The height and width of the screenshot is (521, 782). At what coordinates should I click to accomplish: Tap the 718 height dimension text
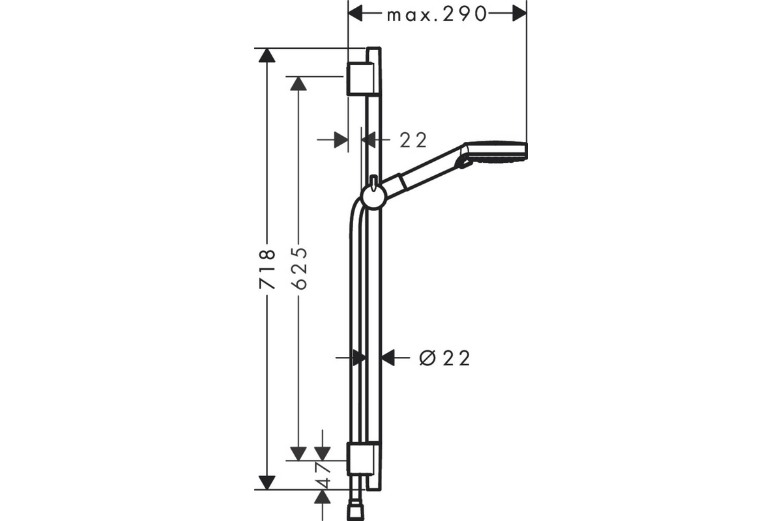[267, 269]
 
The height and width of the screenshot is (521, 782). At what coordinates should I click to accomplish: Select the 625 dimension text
[299, 268]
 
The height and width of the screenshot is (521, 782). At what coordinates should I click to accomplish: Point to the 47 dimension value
[323, 475]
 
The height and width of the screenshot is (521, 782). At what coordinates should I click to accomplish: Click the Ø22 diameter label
[444, 358]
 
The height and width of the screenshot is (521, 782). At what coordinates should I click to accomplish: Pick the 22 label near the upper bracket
[413, 140]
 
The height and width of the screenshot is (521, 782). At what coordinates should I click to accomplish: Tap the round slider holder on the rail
[374, 198]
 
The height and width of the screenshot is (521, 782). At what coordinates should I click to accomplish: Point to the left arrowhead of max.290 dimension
[355, 14]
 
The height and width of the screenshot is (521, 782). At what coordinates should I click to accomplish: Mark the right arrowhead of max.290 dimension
[519, 14]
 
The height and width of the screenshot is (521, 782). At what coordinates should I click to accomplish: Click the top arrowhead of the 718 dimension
[267, 55]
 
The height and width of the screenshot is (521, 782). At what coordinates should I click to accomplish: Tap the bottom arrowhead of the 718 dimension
[267, 483]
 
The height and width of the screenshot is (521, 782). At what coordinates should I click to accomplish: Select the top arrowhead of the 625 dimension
[298, 84]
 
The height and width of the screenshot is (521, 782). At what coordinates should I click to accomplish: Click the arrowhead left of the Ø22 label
[388, 358]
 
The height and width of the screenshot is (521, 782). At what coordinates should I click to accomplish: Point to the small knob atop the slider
[374, 182]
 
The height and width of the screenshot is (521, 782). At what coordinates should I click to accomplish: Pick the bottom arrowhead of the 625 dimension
[298, 454]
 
